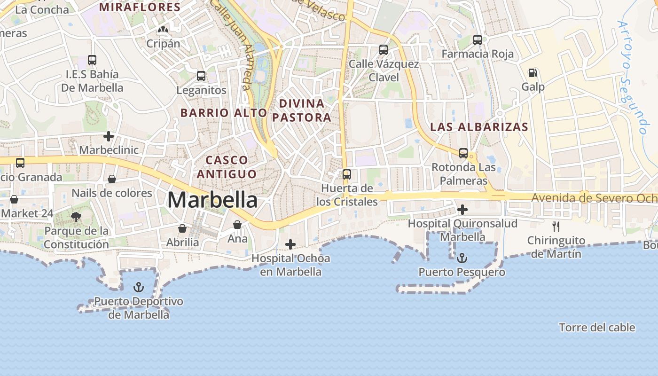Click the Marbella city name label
(212, 200)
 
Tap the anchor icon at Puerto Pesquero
(462, 258)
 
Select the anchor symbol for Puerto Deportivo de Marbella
(138, 287)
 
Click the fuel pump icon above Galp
(533, 73)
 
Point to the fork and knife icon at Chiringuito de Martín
(556, 227)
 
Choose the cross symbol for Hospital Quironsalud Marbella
(462, 210)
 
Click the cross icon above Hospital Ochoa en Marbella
(290, 244)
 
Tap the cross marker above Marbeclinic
(109, 136)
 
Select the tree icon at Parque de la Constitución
(76, 217)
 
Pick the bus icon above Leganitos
(201, 76)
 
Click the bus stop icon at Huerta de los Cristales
(347, 174)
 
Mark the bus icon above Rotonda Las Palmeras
(463, 153)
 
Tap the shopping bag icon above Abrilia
(182, 228)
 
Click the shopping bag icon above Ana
(237, 225)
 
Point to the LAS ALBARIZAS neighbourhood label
(479, 127)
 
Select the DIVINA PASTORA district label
(301, 110)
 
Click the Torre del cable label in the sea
(597, 328)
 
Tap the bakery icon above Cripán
(163, 30)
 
